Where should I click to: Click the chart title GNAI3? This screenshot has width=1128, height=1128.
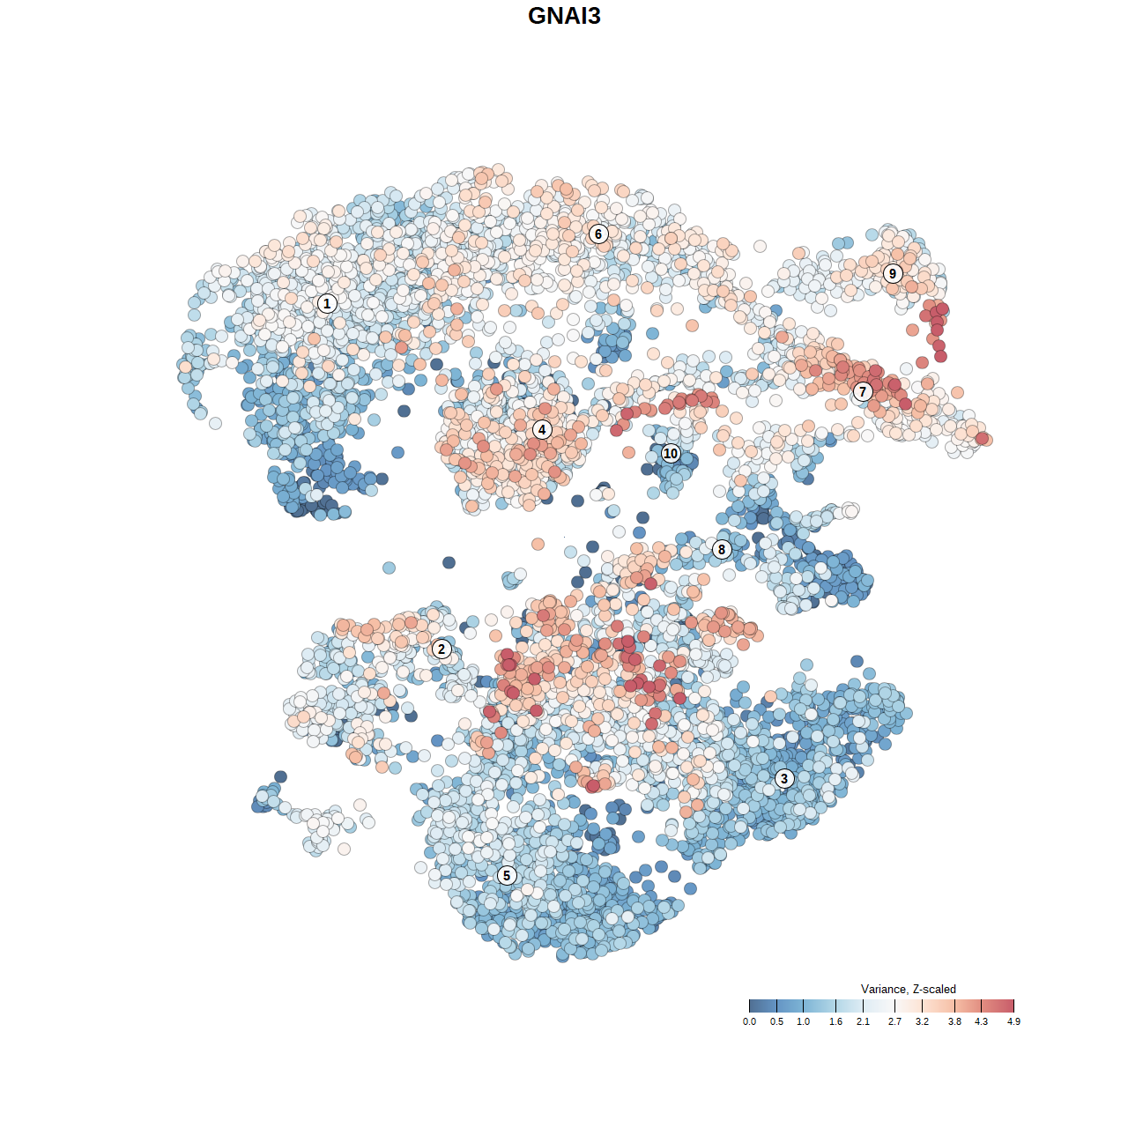(x=564, y=16)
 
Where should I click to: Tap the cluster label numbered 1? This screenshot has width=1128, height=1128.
(x=327, y=303)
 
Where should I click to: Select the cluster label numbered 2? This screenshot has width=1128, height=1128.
(x=442, y=649)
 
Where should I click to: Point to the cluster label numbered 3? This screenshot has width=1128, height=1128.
(x=784, y=778)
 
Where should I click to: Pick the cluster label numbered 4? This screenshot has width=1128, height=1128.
(x=542, y=430)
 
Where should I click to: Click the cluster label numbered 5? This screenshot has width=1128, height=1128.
(x=507, y=875)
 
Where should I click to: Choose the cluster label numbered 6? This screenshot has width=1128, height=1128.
(x=598, y=234)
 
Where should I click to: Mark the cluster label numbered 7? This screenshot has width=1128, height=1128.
(x=863, y=392)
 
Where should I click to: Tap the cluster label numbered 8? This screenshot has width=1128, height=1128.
(x=722, y=549)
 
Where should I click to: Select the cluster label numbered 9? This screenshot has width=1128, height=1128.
(x=893, y=273)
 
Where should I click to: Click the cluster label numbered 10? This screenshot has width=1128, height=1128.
(x=671, y=454)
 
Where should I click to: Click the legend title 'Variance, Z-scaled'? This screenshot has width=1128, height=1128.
(x=908, y=989)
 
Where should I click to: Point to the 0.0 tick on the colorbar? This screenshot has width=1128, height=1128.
(x=749, y=1021)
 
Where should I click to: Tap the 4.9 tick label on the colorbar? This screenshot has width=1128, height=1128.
(x=1013, y=1021)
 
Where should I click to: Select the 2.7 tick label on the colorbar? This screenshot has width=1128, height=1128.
(x=894, y=1021)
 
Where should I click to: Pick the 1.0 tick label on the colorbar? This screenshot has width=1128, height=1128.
(x=804, y=1021)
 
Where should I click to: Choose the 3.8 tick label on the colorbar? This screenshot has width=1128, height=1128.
(x=954, y=1021)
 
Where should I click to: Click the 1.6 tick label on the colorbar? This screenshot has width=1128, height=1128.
(x=835, y=1021)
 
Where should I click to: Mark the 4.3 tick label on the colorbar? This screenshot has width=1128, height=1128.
(x=981, y=1021)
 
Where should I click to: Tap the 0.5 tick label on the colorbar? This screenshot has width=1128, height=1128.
(x=776, y=1021)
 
